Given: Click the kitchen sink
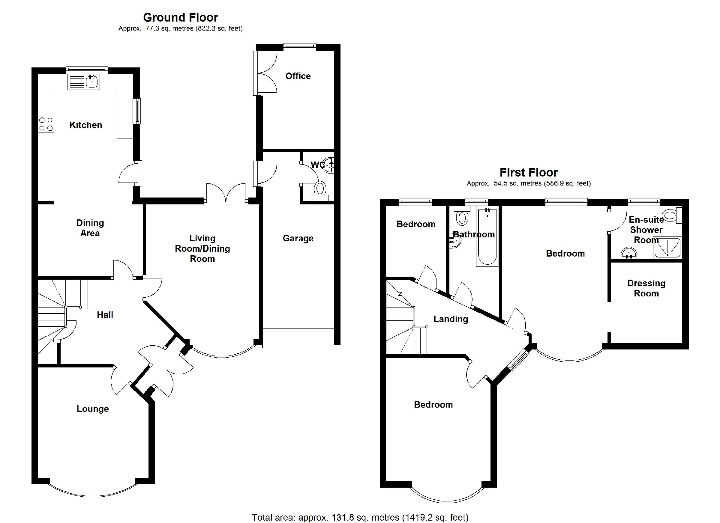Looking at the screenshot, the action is (92, 82).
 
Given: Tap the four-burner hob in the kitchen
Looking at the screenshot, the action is (46, 124).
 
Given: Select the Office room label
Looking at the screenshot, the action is (298, 76).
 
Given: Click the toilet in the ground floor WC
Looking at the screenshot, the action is (320, 189).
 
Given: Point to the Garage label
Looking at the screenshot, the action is (298, 238).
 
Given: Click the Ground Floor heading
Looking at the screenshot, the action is (180, 17).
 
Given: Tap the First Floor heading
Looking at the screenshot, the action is (528, 173).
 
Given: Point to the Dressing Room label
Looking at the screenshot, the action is (646, 288).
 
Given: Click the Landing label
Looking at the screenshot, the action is (451, 319).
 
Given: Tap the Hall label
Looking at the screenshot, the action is (105, 315).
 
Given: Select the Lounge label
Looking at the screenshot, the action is (93, 409).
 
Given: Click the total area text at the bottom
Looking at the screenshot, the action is (360, 518).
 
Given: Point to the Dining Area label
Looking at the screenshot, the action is (90, 228).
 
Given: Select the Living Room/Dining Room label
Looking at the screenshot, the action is (202, 249).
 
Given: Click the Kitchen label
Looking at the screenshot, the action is (86, 125).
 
